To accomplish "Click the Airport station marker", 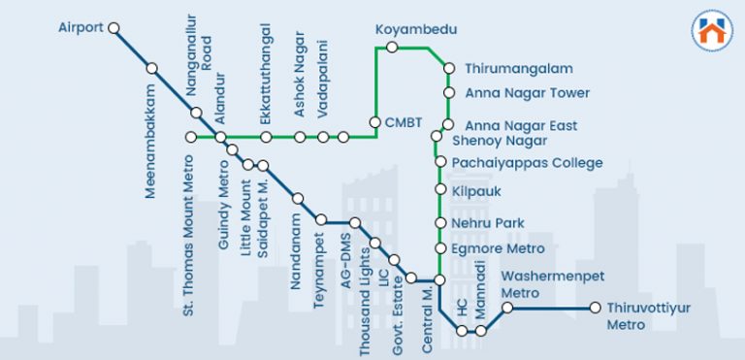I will click(x=114, y=28).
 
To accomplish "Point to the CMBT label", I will click(x=404, y=122).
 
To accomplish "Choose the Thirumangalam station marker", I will click(x=448, y=69).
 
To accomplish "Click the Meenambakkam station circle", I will click(x=152, y=69).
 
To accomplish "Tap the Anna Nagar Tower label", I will click(x=527, y=93).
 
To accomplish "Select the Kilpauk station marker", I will click(x=440, y=190).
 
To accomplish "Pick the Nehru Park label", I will click(x=488, y=223).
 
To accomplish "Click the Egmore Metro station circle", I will click(x=440, y=248).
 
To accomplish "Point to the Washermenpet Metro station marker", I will click(x=506, y=309).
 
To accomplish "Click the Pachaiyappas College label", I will click(x=527, y=163).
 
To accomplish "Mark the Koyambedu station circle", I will click(x=392, y=47).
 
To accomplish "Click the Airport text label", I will click(x=81, y=27).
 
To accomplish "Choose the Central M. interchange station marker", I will click(x=438, y=280).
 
